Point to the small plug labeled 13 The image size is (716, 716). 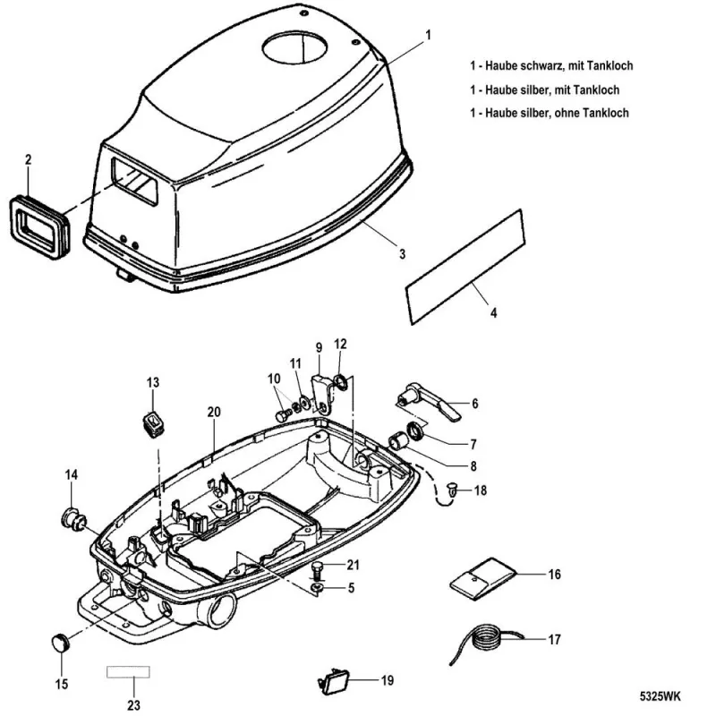157,420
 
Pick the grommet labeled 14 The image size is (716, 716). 71,517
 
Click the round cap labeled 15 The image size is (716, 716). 61,641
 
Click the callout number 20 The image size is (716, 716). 213,412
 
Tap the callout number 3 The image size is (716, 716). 402,254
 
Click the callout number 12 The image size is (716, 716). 340,343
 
